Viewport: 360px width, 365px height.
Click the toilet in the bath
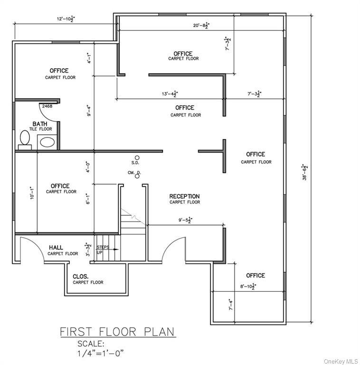[x=25, y=139]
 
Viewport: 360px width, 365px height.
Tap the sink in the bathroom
[x=47, y=142]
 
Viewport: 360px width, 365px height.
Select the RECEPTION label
[x=185, y=196]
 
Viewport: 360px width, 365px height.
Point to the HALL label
[x=57, y=248]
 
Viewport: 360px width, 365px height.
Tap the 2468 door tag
[x=47, y=106]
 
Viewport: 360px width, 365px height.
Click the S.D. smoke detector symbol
[x=137, y=157]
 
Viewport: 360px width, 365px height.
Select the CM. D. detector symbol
[x=137, y=176]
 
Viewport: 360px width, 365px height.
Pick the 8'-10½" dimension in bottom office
[x=247, y=286]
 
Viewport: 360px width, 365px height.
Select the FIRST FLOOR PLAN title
[x=117, y=331]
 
